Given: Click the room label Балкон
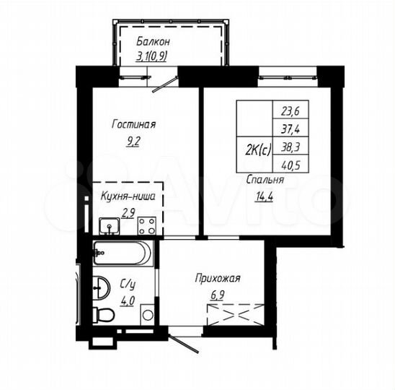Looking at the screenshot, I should pos(151,41).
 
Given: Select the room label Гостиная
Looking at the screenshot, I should pos(133,124).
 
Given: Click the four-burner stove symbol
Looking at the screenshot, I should pos(147,226).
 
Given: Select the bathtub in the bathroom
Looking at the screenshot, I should pos(122,253).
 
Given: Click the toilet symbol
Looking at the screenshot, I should pos(102,316).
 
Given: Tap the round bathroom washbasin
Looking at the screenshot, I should pos(101,290).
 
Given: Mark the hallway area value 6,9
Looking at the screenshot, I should pos(216,294).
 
